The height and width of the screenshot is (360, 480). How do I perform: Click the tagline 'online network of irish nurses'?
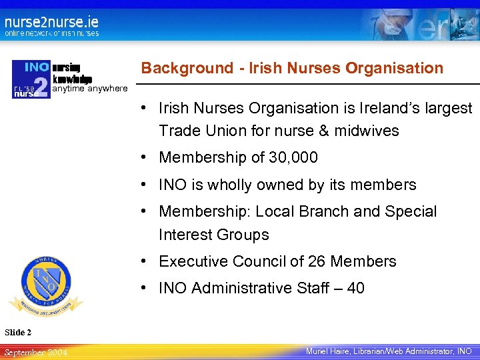tap(52, 33)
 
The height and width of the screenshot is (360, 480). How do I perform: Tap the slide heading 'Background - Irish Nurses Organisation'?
tap(292, 68)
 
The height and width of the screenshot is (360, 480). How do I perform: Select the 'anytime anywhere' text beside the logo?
tap(89, 88)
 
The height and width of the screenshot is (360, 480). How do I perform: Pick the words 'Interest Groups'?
tap(213, 235)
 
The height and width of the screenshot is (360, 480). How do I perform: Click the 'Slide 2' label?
tap(18, 332)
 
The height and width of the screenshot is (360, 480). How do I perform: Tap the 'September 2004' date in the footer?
tap(35, 351)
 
